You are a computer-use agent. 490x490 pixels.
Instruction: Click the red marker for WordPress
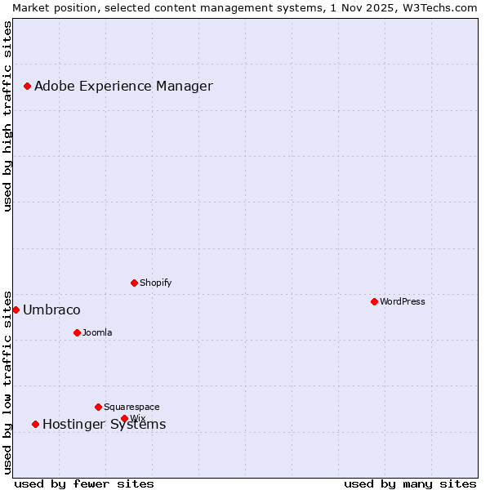coord(374,301)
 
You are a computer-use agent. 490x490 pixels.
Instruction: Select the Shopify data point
coord(134,283)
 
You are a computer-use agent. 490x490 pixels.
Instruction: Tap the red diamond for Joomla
coord(77,332)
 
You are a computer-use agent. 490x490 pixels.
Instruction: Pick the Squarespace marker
coord(98,407)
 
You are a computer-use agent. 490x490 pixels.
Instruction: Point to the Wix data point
coord(124,418)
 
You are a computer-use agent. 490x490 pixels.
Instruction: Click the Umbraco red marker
coord(16,310)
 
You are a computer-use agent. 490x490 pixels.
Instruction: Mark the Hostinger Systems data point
coord(35,424)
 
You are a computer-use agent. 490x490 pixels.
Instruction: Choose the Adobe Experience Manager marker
coord(27,86)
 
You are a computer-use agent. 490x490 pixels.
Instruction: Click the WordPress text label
coord(403,301)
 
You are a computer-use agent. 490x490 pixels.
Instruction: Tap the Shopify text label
coord(155,283)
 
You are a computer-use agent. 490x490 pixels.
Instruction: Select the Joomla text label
coord(97,332)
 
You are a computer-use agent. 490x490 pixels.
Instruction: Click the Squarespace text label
coord(131,407)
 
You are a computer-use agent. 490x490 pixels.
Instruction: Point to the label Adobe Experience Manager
coord(123,86)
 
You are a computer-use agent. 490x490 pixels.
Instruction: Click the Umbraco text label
coord(51,310)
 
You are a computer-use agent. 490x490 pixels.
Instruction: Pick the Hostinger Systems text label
coord(104,424)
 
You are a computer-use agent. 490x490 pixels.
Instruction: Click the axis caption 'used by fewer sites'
coord(84,483)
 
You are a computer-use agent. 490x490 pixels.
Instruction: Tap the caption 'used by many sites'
coord(410,483)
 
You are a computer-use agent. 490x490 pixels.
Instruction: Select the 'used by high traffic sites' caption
coord(7,116)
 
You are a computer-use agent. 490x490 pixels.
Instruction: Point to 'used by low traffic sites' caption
coord(7,381)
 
